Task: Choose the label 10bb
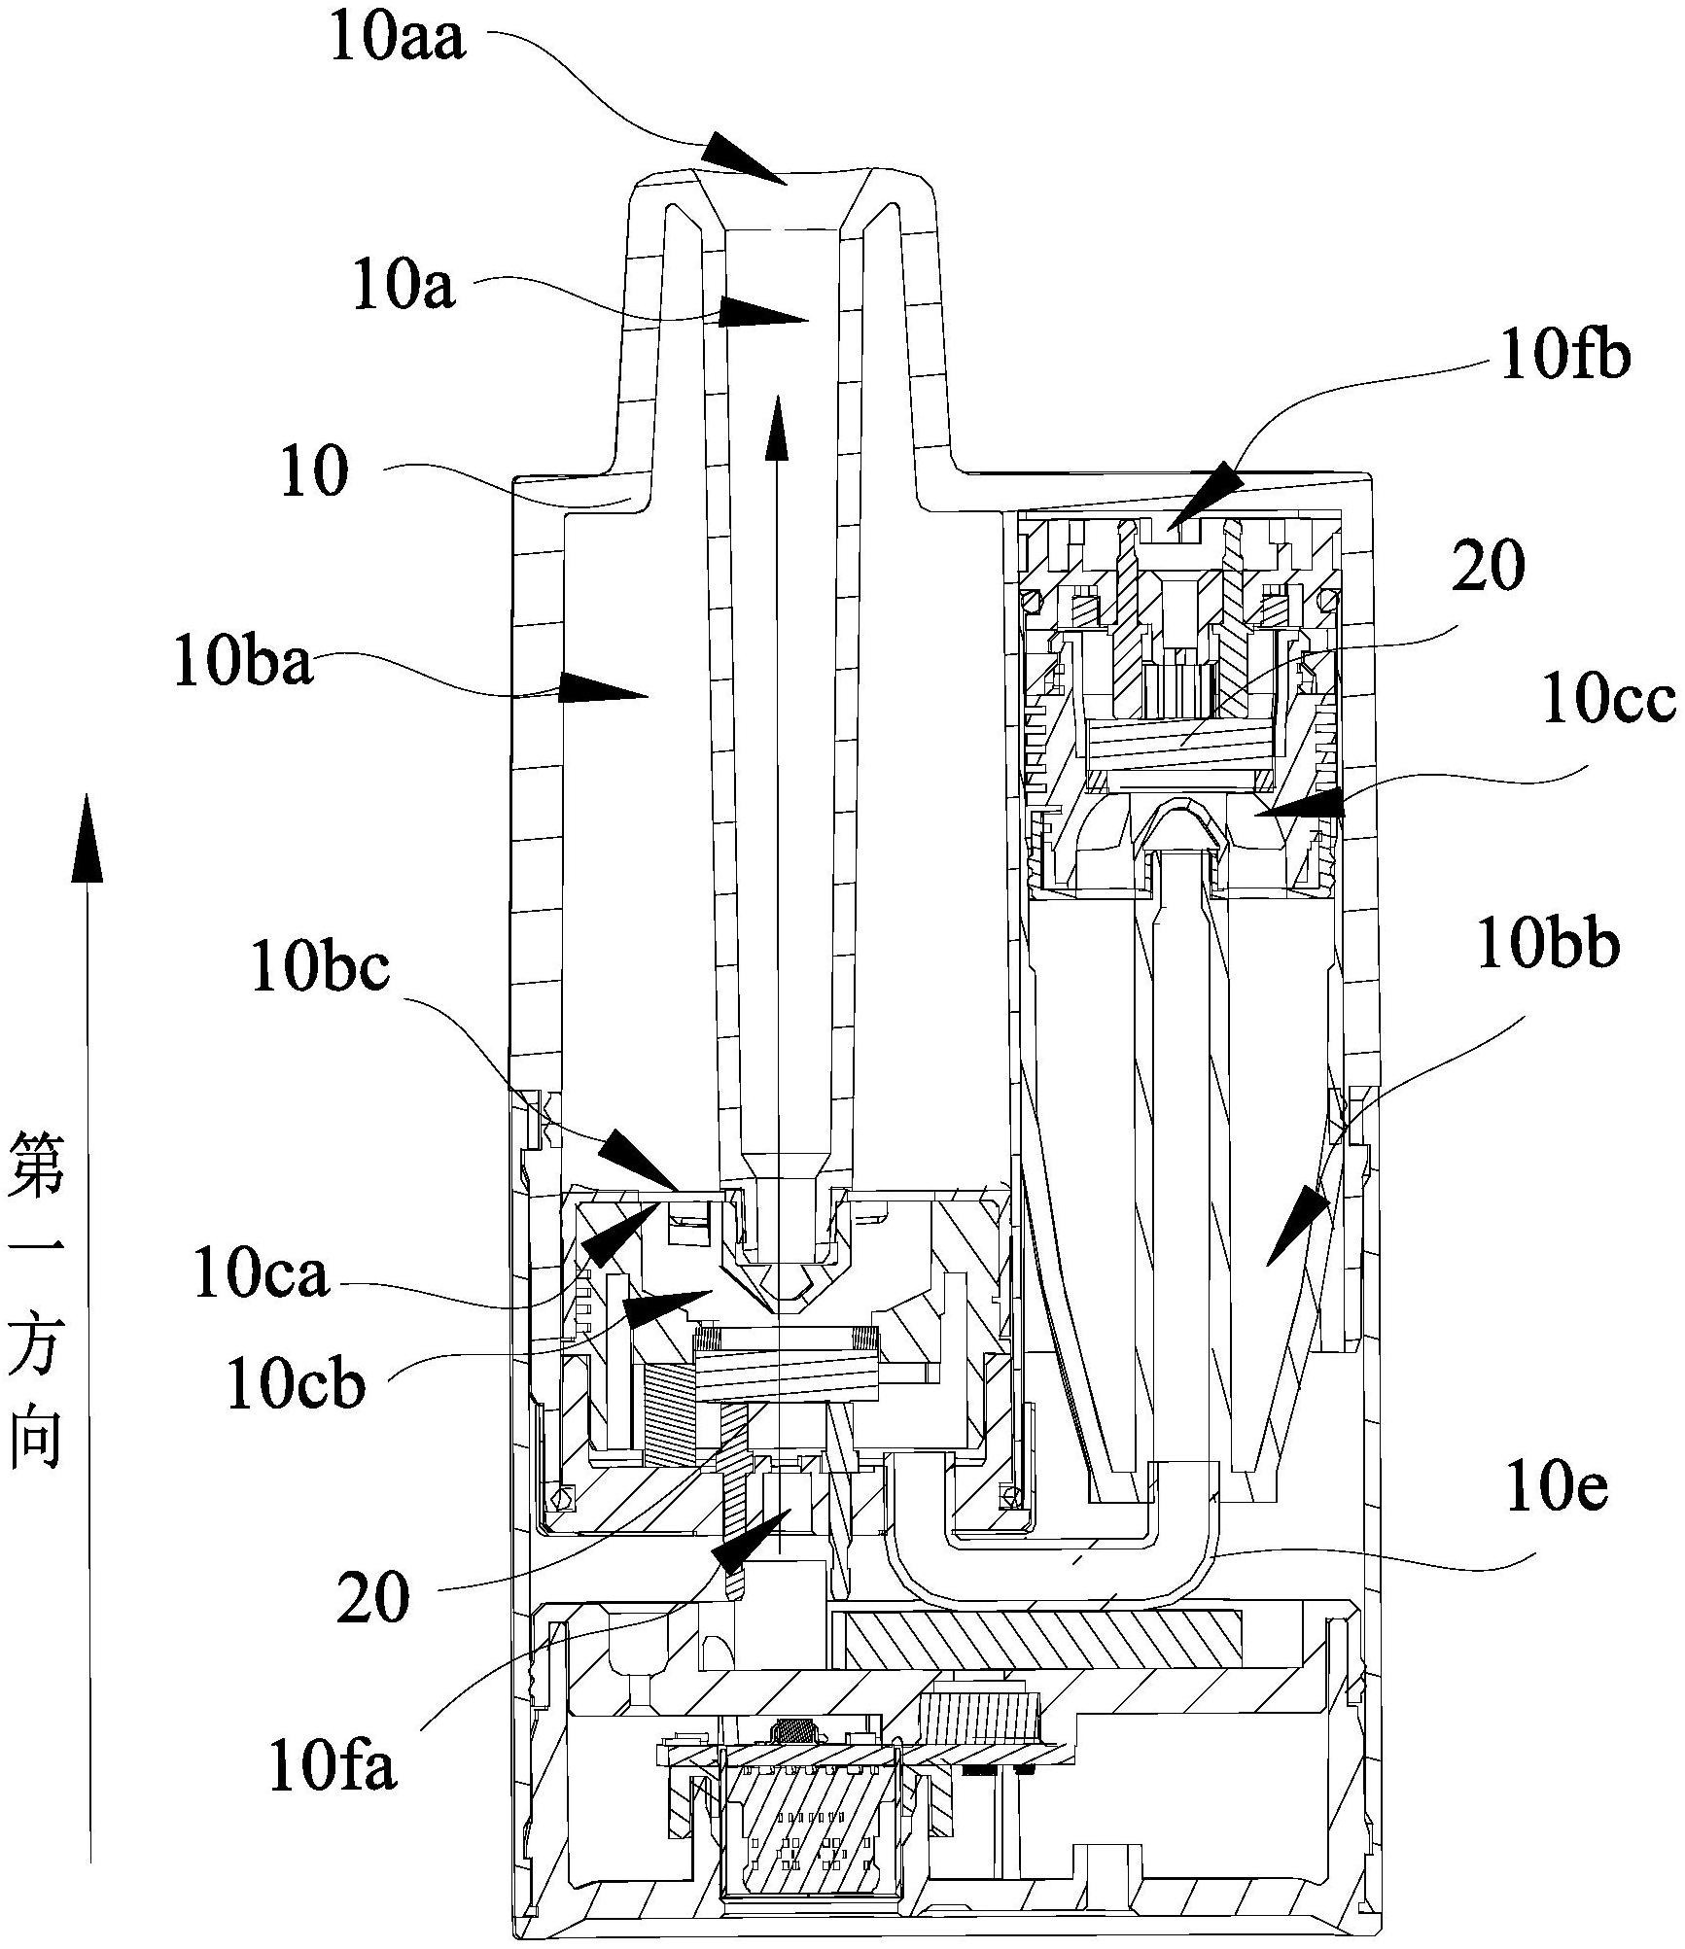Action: point(1548,946)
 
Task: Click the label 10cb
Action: point(296,1383)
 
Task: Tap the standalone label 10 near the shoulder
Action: point(314,473)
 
